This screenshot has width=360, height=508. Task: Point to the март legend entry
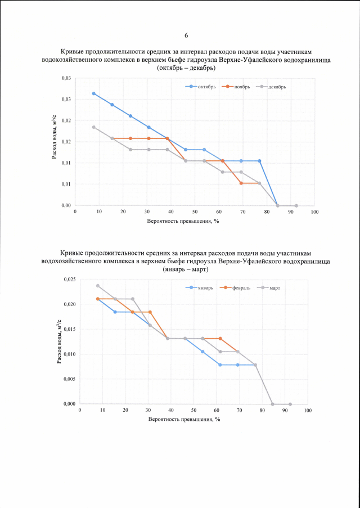[x=270, y=287]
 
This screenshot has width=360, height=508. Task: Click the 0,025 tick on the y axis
[x=68, y=280]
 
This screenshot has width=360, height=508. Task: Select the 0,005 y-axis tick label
[x=68, y=379]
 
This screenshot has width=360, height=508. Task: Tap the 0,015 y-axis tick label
[x=68, y=330]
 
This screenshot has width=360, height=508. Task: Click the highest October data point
[x=94, y=93]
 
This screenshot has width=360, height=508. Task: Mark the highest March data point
[x=98, y=286]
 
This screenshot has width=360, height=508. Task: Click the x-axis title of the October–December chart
[x=183, y=222]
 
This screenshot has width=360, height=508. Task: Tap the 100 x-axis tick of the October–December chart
[x=314, y=212]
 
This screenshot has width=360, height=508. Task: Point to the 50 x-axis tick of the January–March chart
[x=193, y=410]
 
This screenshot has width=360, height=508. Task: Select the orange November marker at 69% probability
[x=241, y=183]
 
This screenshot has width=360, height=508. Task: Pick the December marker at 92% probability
[x=296, y=205]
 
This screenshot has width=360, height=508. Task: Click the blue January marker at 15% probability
[x=115, y=312]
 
